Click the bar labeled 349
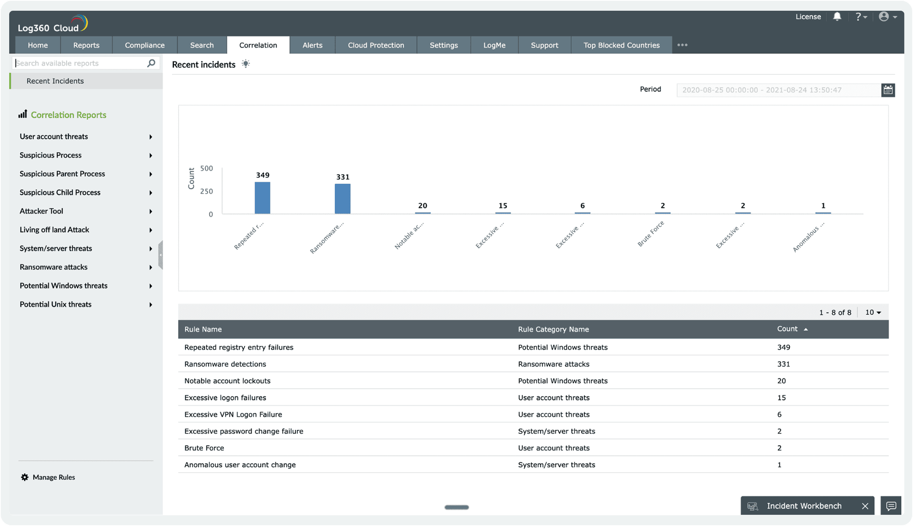pyautogui.click(x=262, y=198)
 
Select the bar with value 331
pyautogui.click(x=342, y=199)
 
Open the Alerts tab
pyautogui.click(x=312, y=45)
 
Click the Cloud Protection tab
pyautogui.click(x=376, y=45)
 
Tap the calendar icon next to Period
pyautogui.click(x=888, y=90)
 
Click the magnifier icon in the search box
pyautogui.click(x=151, y=63)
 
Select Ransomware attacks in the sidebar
pyautogui.click(x=54, y=267)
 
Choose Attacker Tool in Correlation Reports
pyautogui.click(x=41, y=211)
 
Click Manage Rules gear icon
pyautogui.click(x=25, y=477)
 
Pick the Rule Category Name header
pyautogui.click(x=553, y=329)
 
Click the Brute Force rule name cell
pyautogui.click(x=204, y=448)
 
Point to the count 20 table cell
pyautogui.click(x=781, y=381)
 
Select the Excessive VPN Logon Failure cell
pyautogui.click(x=233, y=414)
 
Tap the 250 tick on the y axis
pyautogui.click(x=206, y=191)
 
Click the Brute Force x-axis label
pyautogui.click(x=650, y=234)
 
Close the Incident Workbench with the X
pyautogui.click(x=865, y=506)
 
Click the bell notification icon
pyautogui.click(x=837, y=16)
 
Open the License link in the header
pyautogui.click(x=808, y=16)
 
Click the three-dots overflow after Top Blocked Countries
pyautogui.click(x=682, y=45)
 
